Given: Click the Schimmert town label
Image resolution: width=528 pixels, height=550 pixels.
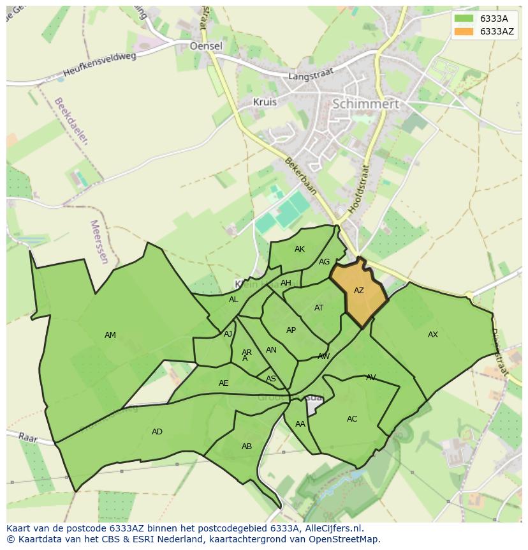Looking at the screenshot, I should point(366,103).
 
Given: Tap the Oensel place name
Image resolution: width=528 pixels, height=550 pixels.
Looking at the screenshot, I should point(206,46).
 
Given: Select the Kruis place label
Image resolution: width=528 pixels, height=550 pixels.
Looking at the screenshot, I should point(265,102).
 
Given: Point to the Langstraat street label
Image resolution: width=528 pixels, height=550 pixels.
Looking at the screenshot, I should point(311,76).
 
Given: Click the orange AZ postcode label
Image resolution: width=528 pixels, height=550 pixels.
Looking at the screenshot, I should point(359,291).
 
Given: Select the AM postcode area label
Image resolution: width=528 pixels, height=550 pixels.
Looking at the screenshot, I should point(110,335).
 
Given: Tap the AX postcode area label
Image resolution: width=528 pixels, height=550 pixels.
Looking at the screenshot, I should point(433,335).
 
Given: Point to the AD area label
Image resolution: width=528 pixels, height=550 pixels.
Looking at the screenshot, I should point(157,432).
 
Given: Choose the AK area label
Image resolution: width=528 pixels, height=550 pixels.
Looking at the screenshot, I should point(300,249).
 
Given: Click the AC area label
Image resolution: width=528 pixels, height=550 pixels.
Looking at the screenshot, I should point(352,419).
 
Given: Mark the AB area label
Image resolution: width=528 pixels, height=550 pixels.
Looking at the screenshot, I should point(247,447).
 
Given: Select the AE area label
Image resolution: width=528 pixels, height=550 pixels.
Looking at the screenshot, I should point(223,383).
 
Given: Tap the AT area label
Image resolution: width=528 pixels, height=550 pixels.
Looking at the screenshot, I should point(319,308).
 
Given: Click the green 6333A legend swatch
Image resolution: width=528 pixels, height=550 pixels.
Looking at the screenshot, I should point(464,18).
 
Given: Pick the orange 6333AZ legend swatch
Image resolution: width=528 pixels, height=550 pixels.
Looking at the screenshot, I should point(464,31).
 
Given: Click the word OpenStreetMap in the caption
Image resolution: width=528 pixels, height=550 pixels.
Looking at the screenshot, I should point(345,539).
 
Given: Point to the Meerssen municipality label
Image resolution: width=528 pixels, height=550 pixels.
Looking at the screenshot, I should point(99,242).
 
